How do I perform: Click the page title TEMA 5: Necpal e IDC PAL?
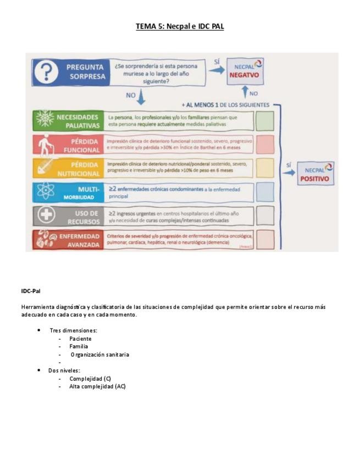[x=180, y=26]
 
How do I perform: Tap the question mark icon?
[x=49, y=72]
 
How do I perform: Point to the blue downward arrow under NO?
[x=141, y=98]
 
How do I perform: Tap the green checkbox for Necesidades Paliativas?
[x=265, y=120]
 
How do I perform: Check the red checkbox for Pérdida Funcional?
[x=265, y=144]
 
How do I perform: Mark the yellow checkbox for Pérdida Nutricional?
[x=265, y=168]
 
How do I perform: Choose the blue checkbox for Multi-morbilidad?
[x=265, y=192]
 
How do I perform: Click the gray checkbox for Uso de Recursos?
[x=265, y=215]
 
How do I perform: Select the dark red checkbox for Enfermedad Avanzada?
[x=265, y=239]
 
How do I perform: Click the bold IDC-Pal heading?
[x=31, y=291]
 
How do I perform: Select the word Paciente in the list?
[x=80, y=339]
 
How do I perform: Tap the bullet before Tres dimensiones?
[x=38, y=330]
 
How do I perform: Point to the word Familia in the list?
[x=79, y=346]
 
